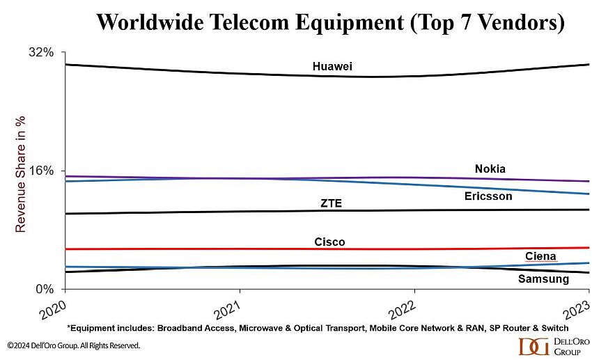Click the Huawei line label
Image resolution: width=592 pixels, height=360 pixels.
[332, 66]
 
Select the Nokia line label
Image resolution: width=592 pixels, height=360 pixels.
[490, 169]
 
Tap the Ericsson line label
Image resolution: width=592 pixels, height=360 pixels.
[488, 196]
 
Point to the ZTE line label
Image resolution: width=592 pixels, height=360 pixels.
[332, 203]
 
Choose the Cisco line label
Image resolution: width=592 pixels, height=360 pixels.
[329, 242]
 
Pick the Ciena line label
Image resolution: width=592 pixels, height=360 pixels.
[540, 257]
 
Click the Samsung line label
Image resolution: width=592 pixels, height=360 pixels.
[543, 279]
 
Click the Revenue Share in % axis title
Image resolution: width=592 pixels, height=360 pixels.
[21, 174]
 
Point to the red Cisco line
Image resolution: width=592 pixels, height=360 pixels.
[209, 249]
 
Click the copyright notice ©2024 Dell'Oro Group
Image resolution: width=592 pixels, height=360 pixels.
[74, 345]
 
